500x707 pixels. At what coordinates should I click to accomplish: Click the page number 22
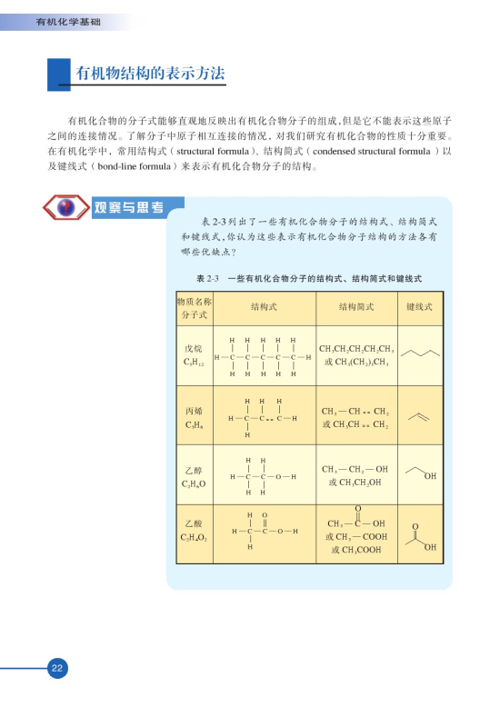coord(56,668)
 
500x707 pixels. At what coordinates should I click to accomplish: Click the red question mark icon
coord(65,208)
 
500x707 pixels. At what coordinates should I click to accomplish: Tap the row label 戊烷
coord(193,348)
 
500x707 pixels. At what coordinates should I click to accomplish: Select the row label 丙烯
coord(193,411)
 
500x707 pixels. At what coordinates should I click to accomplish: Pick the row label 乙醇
coord(193,471)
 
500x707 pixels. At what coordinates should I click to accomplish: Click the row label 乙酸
coord(193,524)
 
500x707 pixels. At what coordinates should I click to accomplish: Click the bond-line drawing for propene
coord(420,415)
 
